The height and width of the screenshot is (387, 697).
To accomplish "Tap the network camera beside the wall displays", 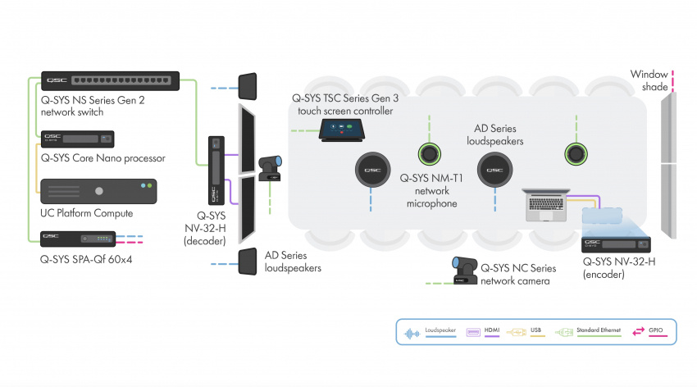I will click(x=271, y=169).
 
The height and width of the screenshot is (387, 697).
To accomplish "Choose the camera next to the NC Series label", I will click(x=464, y=270).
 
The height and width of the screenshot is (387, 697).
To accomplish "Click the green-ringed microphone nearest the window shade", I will click(x=576, y=153).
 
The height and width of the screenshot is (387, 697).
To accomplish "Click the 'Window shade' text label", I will click(x=649, y=80).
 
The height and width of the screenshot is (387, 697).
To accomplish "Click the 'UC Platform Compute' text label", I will click(x=85, y=213).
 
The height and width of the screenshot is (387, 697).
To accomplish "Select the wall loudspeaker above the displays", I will click(x=248, y=86).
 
